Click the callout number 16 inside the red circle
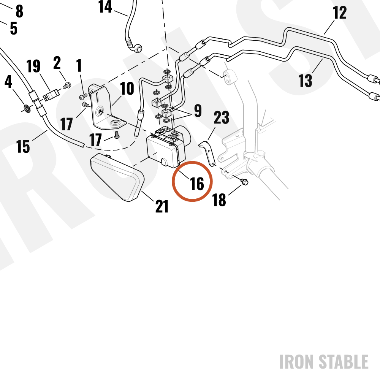tap(197, 184)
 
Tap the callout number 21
tap(161, 206)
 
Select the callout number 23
tap(221, 117)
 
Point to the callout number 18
tap(219, 200)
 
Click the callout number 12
tap(339, 13)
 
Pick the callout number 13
tap(305, 81)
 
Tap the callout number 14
tap(105, 6)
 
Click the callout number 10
tap(127, 89)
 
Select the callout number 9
tap(198, 111)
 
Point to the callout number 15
tap(23, 146)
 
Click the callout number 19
tap(33, 66)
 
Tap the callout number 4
tap(8, 82)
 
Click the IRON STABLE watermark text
tap(324, 362)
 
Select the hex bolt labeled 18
tap(244, 182)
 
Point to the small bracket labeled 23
tap(207, 153)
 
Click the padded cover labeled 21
tap(117, 177)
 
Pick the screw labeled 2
tap(67, 85)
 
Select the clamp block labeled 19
tap(51, 95)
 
